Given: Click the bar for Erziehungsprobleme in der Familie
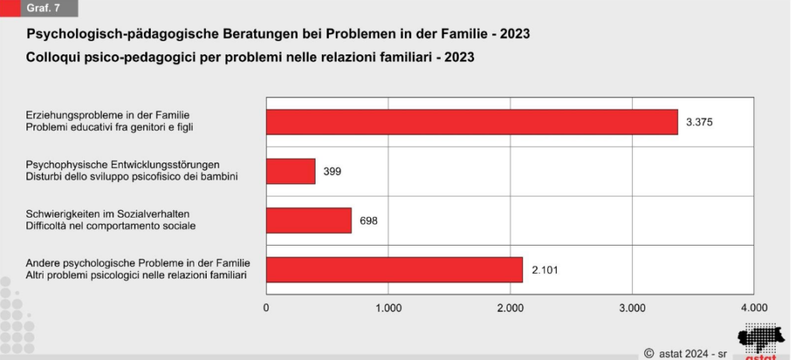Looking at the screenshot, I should pos(472,122).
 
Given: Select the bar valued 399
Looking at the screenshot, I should pos(291,171).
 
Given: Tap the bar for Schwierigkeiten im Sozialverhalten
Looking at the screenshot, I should pos(309,220).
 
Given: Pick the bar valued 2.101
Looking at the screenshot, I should pos(394,270).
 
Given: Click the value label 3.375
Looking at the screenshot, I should pos(699,122).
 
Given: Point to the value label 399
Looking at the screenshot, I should pos(333,171).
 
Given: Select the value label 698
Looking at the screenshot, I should pos(368,220).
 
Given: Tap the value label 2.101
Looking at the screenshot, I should pos(545,270).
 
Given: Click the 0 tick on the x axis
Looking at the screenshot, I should pos(267,308).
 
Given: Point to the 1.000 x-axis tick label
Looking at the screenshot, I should pos(388,308).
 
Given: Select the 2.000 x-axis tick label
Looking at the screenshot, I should pos(510,308).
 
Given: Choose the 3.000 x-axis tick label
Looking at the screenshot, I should pos(631,308).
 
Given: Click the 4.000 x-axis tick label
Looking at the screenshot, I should pos(753,308).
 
